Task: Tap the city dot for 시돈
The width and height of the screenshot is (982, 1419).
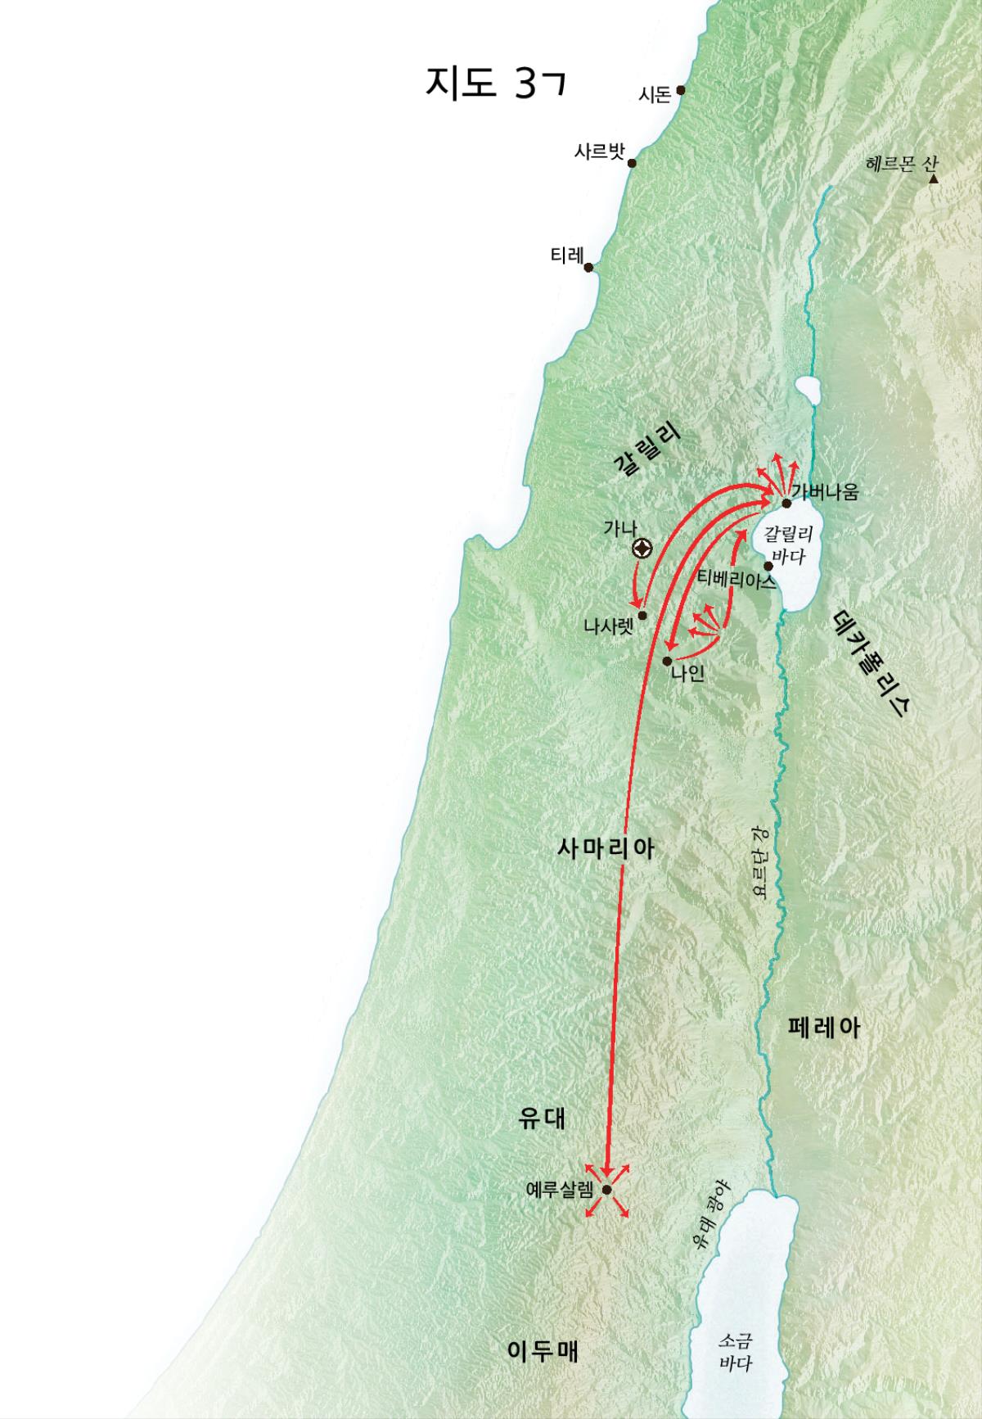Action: (681, 91)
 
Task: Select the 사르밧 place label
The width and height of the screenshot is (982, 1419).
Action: (599, 151)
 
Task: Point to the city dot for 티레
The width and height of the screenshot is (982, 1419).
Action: (588, 267)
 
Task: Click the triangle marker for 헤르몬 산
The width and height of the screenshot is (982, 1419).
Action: (933, 178)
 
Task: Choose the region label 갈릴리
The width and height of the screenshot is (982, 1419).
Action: (647, 452)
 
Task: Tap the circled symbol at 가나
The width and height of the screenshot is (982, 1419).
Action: (643, 549)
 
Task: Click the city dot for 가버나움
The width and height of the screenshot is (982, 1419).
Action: (786, 503)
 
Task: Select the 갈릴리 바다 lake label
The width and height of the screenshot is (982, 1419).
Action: (787, 545)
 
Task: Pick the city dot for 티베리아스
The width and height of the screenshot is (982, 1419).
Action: (768, 566)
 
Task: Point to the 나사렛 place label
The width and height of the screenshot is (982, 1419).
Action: (608, 627)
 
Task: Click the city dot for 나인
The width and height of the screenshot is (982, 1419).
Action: (668, 660)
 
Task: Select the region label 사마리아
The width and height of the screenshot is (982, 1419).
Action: (606, 848)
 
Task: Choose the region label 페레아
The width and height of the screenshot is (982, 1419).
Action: (823, 1028)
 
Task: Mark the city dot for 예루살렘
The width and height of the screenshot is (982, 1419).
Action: (607, 1190)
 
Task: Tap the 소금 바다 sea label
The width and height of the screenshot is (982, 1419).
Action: (735, 1353)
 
